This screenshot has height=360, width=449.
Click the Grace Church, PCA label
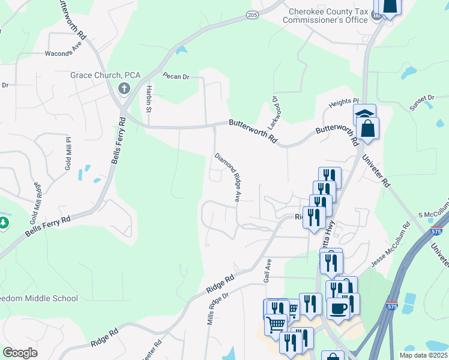pos(105,75)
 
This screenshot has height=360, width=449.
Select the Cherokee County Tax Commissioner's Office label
pos(328,16)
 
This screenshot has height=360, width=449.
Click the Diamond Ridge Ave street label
pos(229,177)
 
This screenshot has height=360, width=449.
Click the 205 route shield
pos(252,14)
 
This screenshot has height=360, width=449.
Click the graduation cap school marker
pos(364,113)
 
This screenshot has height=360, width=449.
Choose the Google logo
pos(20,353)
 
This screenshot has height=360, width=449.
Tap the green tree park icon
pos(4,223)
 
